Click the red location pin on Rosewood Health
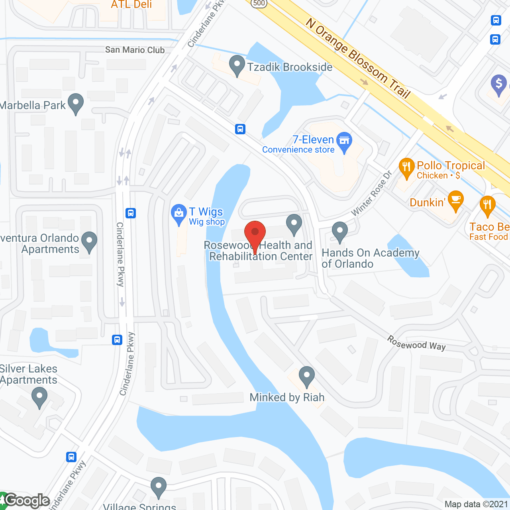tap(255, 233)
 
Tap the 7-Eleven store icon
tap(344, 141)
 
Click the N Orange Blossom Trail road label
tap(358, 58)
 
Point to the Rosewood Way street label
tap(416, 343)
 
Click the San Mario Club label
tap(135, 50)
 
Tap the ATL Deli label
tap(131, 5)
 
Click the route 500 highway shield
tap(259, 3)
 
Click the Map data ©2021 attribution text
tap(477, 504)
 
